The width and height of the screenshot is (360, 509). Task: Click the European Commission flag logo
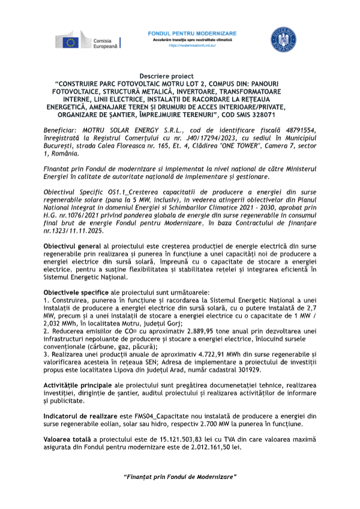pos(71,41)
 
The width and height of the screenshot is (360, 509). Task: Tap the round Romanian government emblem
pos(280,38)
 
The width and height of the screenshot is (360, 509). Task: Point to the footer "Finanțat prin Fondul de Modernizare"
pos(180,477)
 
